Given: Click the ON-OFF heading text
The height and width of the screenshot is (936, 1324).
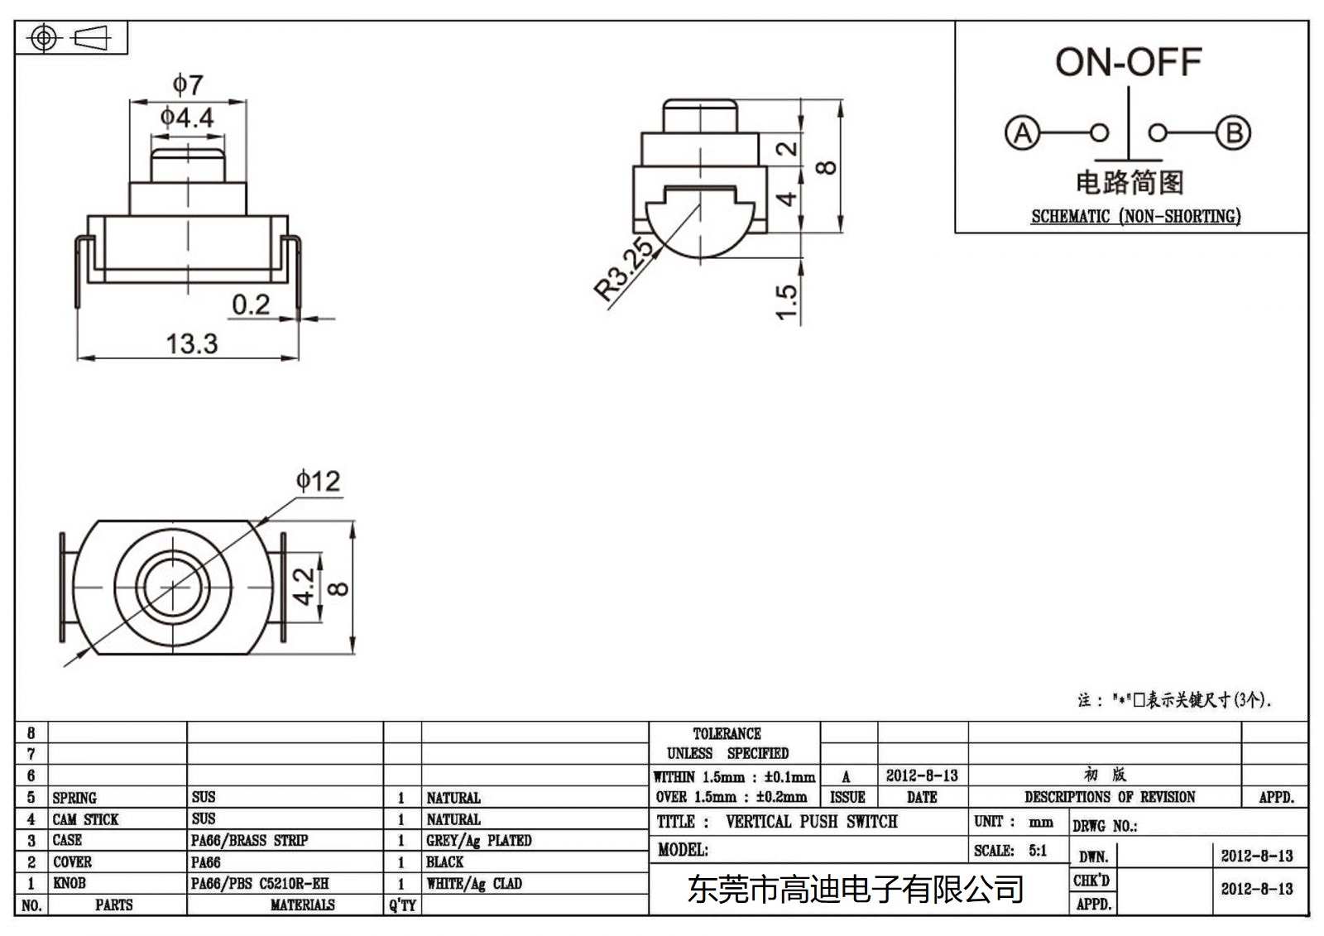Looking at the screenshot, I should (1128, 62).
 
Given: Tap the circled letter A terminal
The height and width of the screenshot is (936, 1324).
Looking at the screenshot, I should (1022, 132).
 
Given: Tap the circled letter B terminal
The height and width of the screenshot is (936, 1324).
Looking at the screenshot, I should (1233, 132).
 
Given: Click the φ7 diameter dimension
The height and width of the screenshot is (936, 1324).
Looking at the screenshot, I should (188, 84).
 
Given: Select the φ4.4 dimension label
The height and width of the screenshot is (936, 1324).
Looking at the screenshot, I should (187, 118).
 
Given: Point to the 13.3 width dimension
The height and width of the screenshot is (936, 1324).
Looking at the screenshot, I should (192, 343).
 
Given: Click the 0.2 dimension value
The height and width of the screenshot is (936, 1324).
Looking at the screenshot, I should (251, 305).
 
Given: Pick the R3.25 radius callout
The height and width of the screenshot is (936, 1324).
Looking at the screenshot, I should (625, 269).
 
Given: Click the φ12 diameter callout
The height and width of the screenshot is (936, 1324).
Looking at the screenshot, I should (319, 481).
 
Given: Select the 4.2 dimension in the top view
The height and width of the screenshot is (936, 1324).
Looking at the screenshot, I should (305, 586).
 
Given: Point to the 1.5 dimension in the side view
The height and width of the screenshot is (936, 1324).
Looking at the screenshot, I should (787, 302).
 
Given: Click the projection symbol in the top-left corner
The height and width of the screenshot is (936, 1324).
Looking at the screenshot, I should (71, 38).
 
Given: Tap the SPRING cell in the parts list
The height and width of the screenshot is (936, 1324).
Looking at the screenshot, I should (74, 798).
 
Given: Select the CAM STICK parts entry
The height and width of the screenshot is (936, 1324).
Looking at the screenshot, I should (86, 819).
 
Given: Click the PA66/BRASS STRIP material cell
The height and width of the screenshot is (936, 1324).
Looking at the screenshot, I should (249, 840).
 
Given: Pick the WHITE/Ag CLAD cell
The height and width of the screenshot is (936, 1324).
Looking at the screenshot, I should (474, 884).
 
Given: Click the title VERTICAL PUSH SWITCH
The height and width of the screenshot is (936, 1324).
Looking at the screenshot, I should (811, 822).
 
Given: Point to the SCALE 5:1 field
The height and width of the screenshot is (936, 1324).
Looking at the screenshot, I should (1010, 851).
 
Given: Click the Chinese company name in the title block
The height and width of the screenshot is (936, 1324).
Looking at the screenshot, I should (856, 890).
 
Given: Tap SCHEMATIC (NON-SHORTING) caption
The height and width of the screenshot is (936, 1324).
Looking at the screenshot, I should (1135, 217).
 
